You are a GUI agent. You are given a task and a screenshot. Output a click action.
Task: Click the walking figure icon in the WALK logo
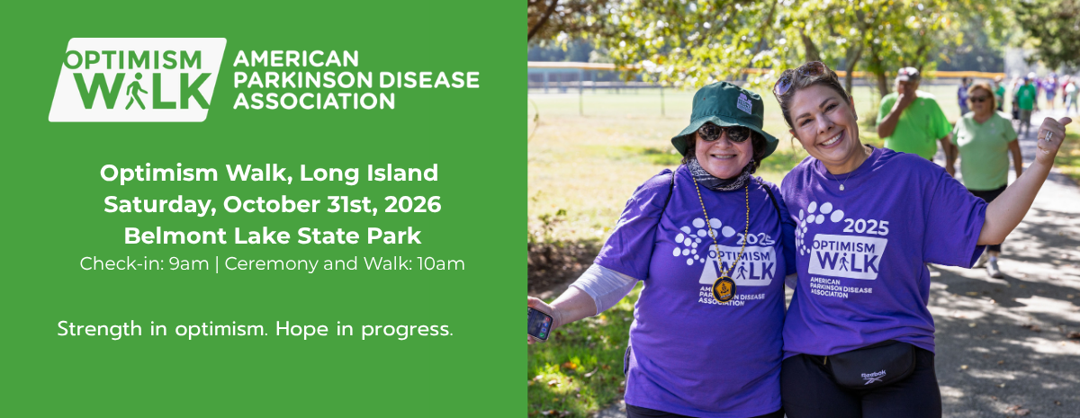coord(135,92)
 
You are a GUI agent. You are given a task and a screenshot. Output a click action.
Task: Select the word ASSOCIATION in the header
coord(313,100)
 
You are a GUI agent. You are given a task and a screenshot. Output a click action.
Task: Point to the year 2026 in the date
coord(412,204)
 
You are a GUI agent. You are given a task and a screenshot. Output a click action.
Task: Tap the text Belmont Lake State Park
coord(271,236)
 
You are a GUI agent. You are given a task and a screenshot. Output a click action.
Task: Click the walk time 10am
coord(445,264)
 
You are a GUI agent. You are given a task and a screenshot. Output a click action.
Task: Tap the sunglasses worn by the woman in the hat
coord(724,133)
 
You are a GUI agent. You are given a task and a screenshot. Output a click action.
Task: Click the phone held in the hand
coord(539,323)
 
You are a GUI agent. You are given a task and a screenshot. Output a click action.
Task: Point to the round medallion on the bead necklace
coord(724,288)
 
